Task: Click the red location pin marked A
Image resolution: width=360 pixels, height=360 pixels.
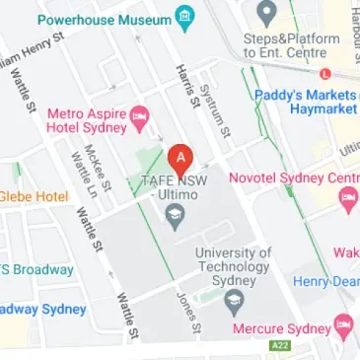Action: (180, 158)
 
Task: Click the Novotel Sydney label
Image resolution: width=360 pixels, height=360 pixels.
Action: (293, 179)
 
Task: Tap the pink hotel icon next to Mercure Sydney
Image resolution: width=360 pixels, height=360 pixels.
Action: (343, 324)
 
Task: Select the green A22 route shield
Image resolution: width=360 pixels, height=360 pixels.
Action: (281, 348)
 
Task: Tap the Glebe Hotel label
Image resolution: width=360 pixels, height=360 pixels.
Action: (34, 196)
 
